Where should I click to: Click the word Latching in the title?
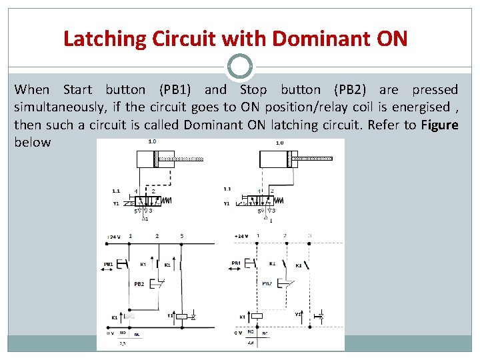point(105,39)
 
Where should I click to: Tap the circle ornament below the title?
point(240,67)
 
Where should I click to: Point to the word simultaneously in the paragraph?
point(56,107)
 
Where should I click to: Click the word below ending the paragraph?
point(32,142)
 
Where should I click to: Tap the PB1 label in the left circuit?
point(109,264)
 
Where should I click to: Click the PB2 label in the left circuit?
point(139,284)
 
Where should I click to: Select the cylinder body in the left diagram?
point(145,160)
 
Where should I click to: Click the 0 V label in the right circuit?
point(238,332)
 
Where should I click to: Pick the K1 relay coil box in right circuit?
point(255,317)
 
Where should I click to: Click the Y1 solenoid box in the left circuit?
point(181,317)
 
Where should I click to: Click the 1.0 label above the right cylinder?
point(279,142)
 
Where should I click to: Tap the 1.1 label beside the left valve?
point(116,191)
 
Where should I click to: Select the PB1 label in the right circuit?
point(236,264)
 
